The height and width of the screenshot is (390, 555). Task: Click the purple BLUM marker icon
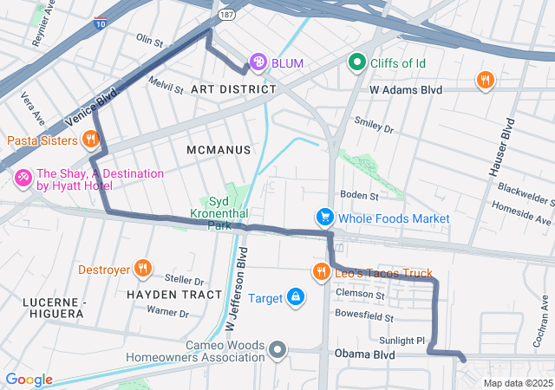point(258,62)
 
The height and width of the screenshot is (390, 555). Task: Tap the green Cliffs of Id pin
point(356,62)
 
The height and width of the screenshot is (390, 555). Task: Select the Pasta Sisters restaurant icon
point(91,140)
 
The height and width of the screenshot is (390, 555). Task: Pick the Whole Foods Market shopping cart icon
point(324,218)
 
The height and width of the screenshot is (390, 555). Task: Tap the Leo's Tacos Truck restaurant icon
point(322,273)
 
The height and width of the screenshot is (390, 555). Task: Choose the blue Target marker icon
point(297,298)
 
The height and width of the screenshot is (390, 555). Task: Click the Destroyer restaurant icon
point(143,269)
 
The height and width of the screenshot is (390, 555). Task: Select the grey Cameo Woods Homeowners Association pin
point(277,350)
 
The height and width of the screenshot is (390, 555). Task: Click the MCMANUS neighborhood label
point(219,150)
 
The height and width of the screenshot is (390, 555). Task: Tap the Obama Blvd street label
point(364,355)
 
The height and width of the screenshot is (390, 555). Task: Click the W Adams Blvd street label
point(406,89)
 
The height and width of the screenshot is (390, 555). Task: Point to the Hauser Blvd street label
point(506,141)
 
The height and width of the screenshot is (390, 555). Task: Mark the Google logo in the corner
point(29,380)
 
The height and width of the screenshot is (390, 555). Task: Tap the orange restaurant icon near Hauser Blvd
point(486,81)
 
